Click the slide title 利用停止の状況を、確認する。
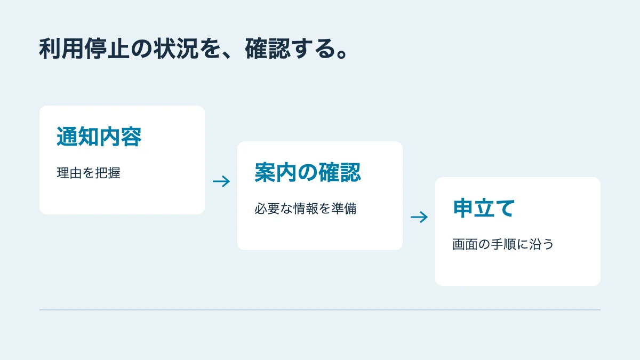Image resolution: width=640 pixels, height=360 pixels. point(194,49)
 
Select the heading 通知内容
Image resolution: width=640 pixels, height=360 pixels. point(99,137)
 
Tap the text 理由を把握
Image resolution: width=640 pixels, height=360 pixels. point(89,173)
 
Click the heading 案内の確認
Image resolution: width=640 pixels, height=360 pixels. point(308,172)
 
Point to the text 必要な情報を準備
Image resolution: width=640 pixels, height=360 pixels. point(306,209)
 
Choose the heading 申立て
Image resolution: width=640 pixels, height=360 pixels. point(484,208)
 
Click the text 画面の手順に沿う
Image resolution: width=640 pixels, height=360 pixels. point(503,244)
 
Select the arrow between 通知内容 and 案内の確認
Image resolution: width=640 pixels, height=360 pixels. point(221,181)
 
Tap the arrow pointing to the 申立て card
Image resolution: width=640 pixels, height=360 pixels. point(419,217)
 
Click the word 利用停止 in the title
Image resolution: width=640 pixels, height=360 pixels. point(84,49)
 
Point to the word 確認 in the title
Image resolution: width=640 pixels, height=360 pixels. point(268,49)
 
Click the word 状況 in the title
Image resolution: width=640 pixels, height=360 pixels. point(176,49)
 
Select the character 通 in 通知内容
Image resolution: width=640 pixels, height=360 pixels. point(67,137)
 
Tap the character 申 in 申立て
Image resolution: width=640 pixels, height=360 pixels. point(463,208)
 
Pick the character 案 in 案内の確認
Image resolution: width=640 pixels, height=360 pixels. point(265,172)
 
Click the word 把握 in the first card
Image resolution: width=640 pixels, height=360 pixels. point(108,173)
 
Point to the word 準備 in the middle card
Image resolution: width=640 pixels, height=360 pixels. point(344,209)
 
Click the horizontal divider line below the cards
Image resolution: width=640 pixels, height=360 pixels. point(319,310)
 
